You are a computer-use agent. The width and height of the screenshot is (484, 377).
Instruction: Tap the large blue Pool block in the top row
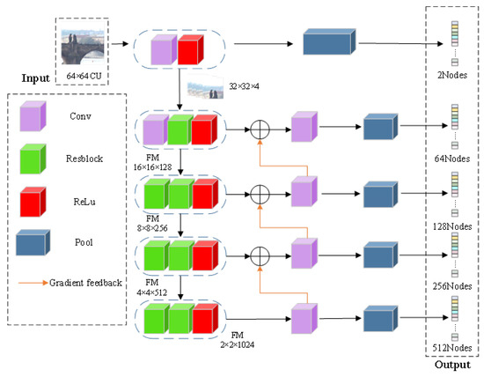[328, 45]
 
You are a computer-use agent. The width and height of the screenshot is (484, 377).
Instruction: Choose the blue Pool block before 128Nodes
[380, 192]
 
